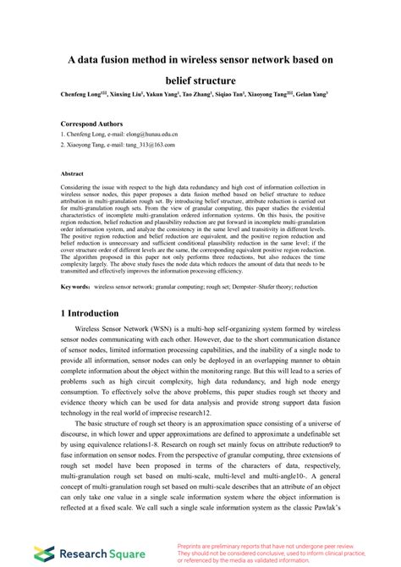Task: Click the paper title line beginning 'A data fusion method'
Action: (200, 61)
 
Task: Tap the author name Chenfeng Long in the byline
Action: (81, 95)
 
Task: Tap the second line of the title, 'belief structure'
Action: (200, 80)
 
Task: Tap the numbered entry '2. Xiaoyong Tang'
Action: (92, 145)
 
